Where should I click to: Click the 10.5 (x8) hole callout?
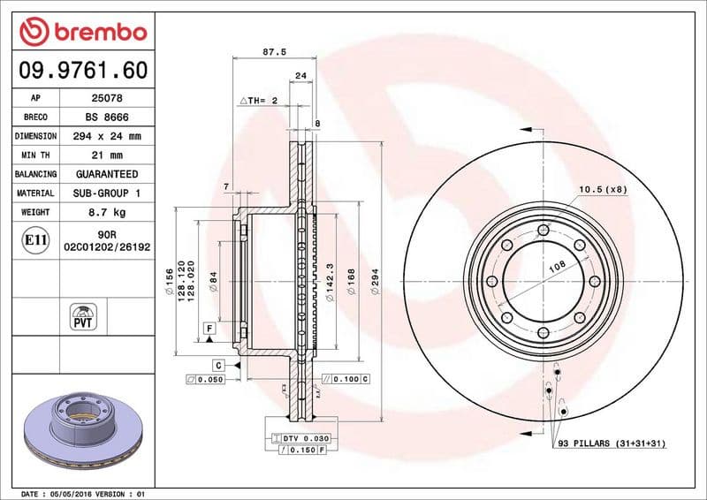pos(603,189)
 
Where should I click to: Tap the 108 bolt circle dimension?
pos(558,264)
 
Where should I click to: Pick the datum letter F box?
pos(209,328)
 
